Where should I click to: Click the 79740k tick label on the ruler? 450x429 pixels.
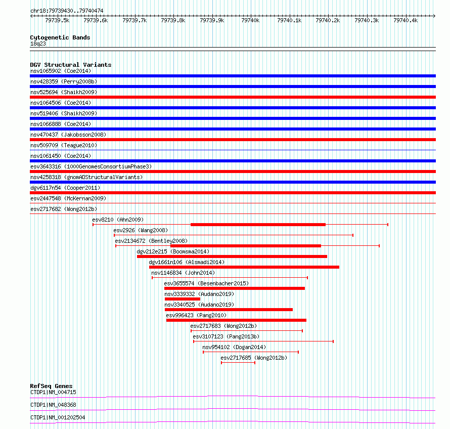click(250, 20)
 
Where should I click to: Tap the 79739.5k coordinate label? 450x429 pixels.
click(57, 20)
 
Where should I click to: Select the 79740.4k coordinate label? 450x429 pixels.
click(406, 20)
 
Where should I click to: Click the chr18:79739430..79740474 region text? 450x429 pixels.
click(67, 11)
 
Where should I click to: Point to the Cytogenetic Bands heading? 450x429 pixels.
click(60, 37)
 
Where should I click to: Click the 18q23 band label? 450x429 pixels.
click(38, 44)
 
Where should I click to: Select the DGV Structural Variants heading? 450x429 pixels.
click(71, 65)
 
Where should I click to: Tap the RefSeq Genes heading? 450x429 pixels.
click(51, 386)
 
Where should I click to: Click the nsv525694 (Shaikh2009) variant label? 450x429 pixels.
click(64, 92)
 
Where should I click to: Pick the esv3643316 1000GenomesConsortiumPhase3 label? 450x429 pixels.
click(91, 166)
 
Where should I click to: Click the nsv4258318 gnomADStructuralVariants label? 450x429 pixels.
click(86, 177)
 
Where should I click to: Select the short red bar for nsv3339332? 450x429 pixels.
click(182, 299)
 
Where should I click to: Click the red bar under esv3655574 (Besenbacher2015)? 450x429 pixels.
click(235, 288)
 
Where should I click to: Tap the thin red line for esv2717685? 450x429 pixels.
click(238, 363)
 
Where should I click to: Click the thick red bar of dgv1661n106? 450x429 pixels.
click(244, 267)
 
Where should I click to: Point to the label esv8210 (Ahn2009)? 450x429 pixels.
click(118, 220)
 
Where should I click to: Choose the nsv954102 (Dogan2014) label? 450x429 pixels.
click(234, 347)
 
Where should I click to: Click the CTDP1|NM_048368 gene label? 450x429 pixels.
click(54, 405)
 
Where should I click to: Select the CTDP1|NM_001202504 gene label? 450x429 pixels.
click(58, 417)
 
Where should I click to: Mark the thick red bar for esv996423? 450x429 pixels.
click(236, 320)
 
